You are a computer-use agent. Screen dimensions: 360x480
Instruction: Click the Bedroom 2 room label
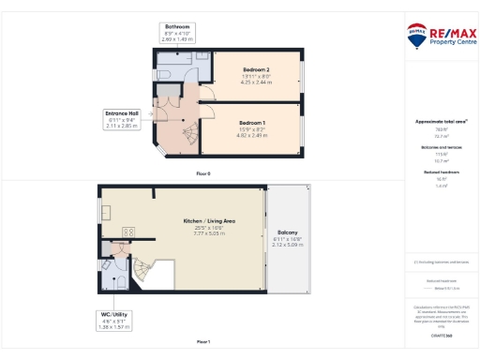pyautogui.click(x=256, y=70)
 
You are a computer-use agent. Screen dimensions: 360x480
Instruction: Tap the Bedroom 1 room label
pyautogui.click(x=251, y=124)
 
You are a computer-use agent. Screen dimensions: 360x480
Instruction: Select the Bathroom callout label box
pyautogui.click(x=177, y=33)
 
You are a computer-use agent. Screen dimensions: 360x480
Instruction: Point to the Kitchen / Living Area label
pyautogui.click(x=208, y=221)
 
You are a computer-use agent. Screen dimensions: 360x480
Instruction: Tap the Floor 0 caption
pyautogui.click(x=203, y=174)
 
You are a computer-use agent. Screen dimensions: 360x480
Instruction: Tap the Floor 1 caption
pyautogui.click(x=203, y=341)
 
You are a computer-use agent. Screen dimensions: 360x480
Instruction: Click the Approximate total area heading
pyautogui.click(x=441, y=122)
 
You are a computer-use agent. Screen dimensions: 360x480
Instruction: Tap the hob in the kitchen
pyautogui.click(x=129, y=232)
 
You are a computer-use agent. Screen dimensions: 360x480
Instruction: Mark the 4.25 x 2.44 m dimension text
pyautogui.click(x=256, y=82)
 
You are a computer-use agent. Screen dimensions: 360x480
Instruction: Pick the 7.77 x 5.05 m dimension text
pyautogui.click(x=208, y=233)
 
